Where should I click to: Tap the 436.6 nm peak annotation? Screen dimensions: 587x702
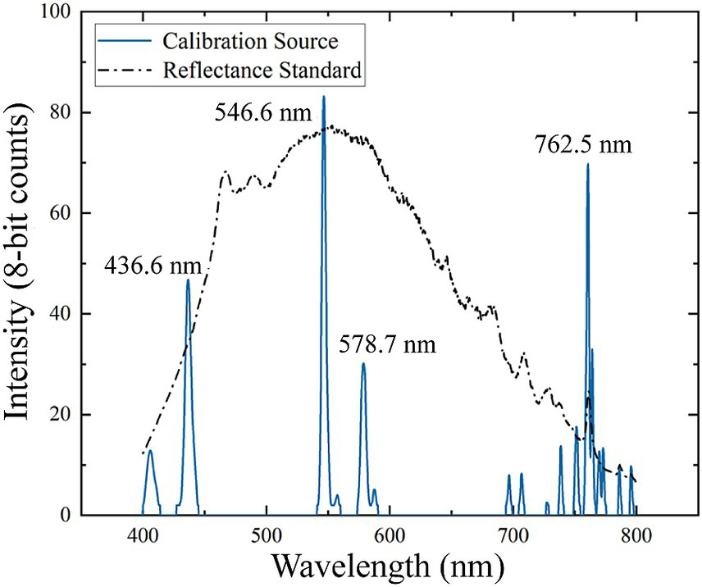[154, 265]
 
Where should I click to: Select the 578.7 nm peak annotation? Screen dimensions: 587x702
[387, 344]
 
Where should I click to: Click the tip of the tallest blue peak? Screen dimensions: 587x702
[324, 98]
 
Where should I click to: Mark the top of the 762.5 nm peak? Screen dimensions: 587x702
[587, 165]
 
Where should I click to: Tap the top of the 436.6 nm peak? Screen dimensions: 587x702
[188, 280]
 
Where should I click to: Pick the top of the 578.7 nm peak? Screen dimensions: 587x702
[363, 364]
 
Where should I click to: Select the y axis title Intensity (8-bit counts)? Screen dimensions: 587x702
[20, 262]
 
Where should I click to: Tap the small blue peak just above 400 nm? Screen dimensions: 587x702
[150, 452]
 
